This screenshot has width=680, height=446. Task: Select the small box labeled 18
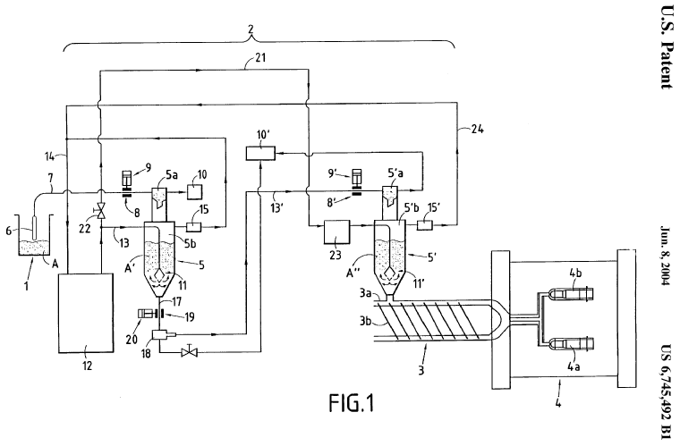pyautogui.click(x=161, y=337)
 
